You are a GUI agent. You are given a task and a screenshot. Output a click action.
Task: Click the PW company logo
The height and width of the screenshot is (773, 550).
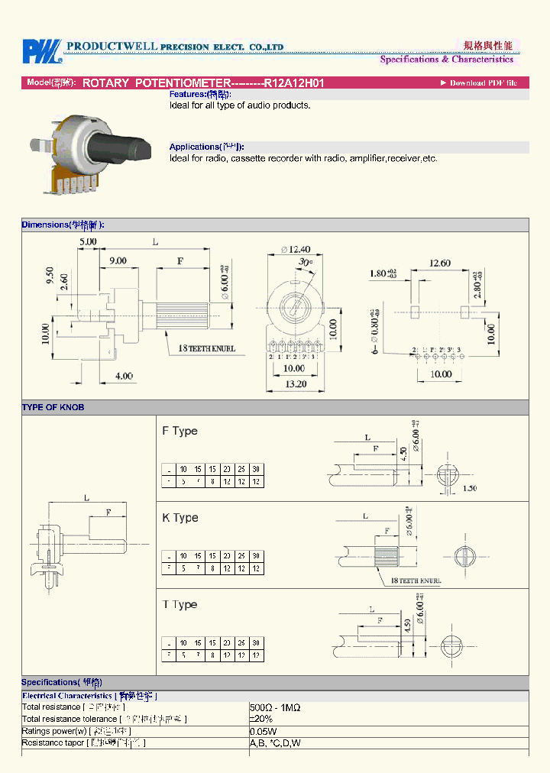click(x=41, y=51)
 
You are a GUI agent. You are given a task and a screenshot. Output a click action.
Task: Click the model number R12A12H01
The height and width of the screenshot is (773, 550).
click(x=294, y=82)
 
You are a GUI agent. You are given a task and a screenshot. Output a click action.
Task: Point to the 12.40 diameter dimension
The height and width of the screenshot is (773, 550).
click(x=295, y=249)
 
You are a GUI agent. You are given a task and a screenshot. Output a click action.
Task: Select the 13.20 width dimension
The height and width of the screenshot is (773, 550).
click(x=296, y=383)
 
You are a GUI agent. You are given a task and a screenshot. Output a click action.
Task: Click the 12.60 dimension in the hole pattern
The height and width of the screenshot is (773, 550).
click(x=439, y=264)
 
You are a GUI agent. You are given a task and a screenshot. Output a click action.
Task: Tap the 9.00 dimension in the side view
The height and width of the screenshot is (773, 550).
click(x=118, y=260)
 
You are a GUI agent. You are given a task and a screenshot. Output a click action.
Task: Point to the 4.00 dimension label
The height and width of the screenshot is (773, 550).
click(x=123, y=375)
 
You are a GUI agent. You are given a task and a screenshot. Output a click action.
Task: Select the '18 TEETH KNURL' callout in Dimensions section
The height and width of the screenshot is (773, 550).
click(x=207, y=348)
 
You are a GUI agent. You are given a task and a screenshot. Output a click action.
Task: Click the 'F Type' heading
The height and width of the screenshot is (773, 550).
click(x=180, y=431)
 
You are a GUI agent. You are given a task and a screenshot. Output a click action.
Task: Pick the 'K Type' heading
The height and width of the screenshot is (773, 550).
click(x=180, y=518)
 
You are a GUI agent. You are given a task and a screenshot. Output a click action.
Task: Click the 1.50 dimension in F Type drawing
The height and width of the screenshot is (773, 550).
click(x=469, y=488)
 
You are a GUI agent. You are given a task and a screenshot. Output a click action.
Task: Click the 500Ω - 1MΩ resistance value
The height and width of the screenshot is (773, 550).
click(x=275, y=707)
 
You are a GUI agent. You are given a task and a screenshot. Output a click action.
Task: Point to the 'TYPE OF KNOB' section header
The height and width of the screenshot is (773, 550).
click(x=53, y=407)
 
